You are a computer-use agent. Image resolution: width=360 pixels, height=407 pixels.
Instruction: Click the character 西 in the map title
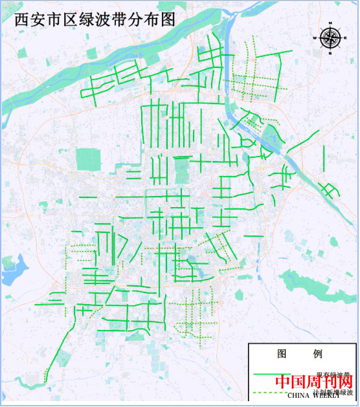click(12, 19)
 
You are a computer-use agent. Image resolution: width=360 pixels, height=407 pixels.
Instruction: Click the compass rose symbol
click(330, 38)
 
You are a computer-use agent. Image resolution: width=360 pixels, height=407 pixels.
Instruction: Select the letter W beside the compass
click(317, 38)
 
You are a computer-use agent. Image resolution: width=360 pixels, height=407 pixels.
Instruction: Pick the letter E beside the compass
click(344, 38)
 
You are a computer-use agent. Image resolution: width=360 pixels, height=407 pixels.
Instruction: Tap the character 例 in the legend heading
click(317, 354)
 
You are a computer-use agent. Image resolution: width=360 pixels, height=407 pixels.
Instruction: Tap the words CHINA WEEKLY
click(313, 395)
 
